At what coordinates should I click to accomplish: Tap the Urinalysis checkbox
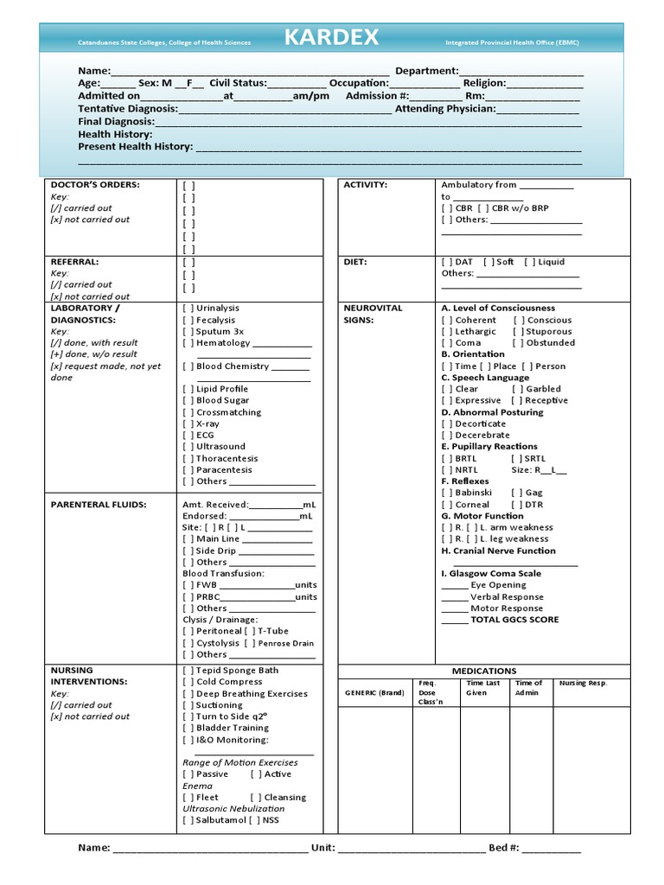click(188, 309)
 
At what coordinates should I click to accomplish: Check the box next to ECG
click(188, 436)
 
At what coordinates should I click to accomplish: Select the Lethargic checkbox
click(447, 332)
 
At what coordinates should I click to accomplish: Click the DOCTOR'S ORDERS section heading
click(95, 185)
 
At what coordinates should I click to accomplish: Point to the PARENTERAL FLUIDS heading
click(99, 505)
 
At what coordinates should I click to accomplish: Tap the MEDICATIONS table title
click(484, 671)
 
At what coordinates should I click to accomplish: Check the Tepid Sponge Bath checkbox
click(188, 671)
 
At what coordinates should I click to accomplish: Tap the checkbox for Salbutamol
click(188, 820)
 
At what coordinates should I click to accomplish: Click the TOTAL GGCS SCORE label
click(514, 620)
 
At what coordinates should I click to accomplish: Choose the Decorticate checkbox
click(447, 424)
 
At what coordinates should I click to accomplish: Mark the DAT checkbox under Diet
click(447, 262)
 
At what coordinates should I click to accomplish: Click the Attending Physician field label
click(445, 109)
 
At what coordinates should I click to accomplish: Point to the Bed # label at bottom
click(503, 848)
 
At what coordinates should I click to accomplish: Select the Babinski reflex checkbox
click(447, 493)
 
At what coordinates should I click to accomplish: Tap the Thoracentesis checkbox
click(188, 459)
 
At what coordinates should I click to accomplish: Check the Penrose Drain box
click(250, 643)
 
